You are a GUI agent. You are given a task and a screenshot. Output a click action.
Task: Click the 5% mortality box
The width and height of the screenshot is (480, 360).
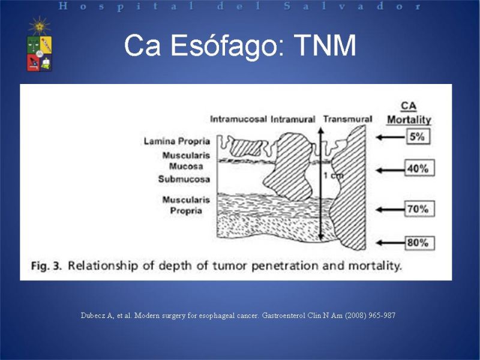click(418, 137)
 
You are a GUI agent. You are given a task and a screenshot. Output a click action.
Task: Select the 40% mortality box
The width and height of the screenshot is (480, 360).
click(419, 168)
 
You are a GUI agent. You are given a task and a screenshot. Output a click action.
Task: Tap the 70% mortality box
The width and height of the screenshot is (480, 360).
click(419, 209)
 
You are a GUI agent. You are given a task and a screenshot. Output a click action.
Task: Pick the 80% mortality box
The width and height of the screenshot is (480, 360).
click(419, 243)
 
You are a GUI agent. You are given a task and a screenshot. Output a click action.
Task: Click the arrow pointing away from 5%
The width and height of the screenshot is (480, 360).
click(391, 137)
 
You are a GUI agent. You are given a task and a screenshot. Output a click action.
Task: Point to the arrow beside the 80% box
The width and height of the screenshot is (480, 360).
click(391, 243)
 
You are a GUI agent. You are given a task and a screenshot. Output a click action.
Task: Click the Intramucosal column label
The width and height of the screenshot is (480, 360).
click(238, 119)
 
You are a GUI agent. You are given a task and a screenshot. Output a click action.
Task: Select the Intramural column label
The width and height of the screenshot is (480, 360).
click(293, 119)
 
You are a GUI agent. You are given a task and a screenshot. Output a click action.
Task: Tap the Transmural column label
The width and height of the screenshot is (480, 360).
click(348, 119)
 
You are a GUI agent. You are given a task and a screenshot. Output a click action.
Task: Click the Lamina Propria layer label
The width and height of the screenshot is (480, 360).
click(177, 142)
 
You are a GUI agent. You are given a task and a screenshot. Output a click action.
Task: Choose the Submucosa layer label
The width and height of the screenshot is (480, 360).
click(184, 179)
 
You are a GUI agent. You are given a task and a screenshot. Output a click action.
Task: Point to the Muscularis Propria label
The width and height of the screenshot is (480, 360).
click(186, 205)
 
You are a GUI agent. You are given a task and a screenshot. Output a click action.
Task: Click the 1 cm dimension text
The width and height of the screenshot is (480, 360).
click(334, 176)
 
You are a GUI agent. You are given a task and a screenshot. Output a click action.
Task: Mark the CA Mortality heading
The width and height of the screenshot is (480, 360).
click(409, 113)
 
